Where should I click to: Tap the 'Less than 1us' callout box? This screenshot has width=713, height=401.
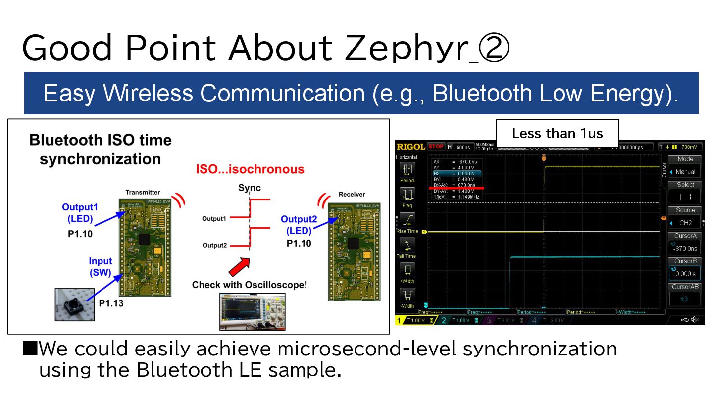[557, 134]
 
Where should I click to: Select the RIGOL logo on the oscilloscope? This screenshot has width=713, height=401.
[411, 147]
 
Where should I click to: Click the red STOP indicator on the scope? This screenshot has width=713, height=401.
[436, 147]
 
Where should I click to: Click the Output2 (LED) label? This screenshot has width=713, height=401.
[296, 225]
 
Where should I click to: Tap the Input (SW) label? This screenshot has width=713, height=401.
[101, 266]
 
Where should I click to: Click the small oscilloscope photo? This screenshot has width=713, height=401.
[253, 311]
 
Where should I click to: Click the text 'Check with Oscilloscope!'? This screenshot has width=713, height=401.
[250, 285]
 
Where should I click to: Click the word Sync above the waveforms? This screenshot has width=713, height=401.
[250, 188]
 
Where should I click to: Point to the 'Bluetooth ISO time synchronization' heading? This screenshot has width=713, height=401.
[101, 150]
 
